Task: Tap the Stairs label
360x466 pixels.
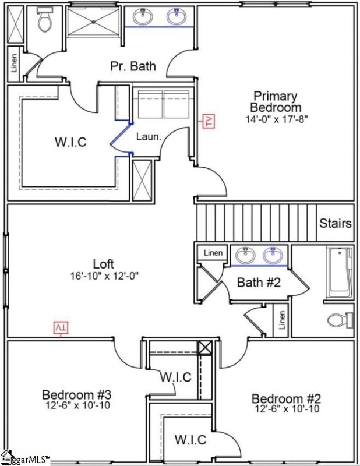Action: tap(336, 223)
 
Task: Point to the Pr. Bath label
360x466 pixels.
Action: tap(133, 66)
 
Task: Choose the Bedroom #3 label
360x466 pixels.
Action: tap(72, 394)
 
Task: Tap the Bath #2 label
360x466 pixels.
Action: tap(260, 283)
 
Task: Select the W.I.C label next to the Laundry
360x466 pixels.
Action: tap(70, 142)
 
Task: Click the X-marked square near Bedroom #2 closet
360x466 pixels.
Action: tap(205, 348)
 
